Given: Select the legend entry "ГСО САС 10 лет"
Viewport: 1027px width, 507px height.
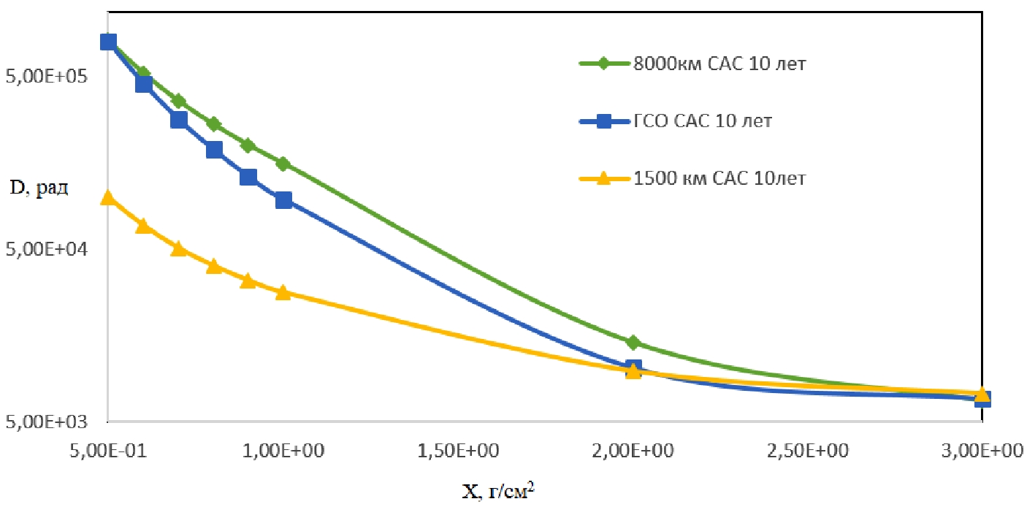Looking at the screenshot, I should [690, 121].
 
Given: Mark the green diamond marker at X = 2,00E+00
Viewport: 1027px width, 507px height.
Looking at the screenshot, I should [633, 342].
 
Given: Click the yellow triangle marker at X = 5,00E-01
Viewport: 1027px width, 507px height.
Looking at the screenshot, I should [108, 197].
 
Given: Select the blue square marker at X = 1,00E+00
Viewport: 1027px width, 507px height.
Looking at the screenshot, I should [283, 200].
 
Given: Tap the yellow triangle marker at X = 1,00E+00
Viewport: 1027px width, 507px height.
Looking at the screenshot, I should [283, 292].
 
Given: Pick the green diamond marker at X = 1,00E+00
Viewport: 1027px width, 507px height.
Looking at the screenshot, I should [283, 164].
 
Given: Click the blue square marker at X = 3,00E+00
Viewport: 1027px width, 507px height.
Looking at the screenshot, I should [982, 399].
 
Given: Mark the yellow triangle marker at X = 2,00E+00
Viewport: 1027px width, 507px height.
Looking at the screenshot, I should [633, 370].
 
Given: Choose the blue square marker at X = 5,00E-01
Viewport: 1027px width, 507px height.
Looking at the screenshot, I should [108, 42].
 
